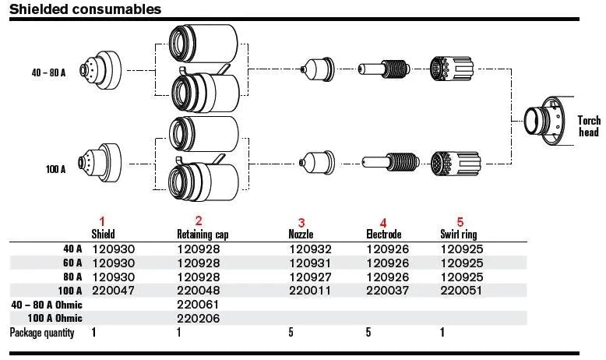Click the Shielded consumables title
coord(86,9)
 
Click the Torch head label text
coord(589,126)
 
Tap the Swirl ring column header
coord(459,233)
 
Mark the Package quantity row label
coord(42,334)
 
